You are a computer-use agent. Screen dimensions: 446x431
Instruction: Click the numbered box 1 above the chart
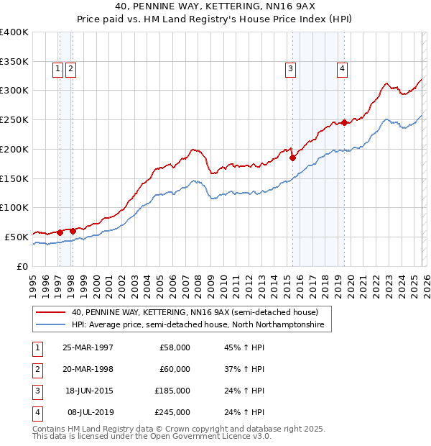tap(57, 69)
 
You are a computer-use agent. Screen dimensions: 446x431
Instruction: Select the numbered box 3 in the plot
tap(290, 69)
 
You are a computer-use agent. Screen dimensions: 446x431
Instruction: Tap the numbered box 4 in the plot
tap(342, 69)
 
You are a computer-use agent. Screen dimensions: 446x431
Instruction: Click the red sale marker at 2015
tap(292, 158)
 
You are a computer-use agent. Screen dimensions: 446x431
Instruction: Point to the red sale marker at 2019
tap(344, 122)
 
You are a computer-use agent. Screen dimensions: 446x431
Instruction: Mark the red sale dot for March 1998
tap(73, 231)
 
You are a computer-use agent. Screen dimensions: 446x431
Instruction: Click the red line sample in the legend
tap(50, 313)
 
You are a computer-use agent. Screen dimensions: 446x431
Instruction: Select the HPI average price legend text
tap(198, 325)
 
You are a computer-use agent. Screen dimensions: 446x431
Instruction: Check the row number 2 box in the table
tap(37, 369)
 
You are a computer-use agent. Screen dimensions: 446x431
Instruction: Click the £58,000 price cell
tap(175, 347)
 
